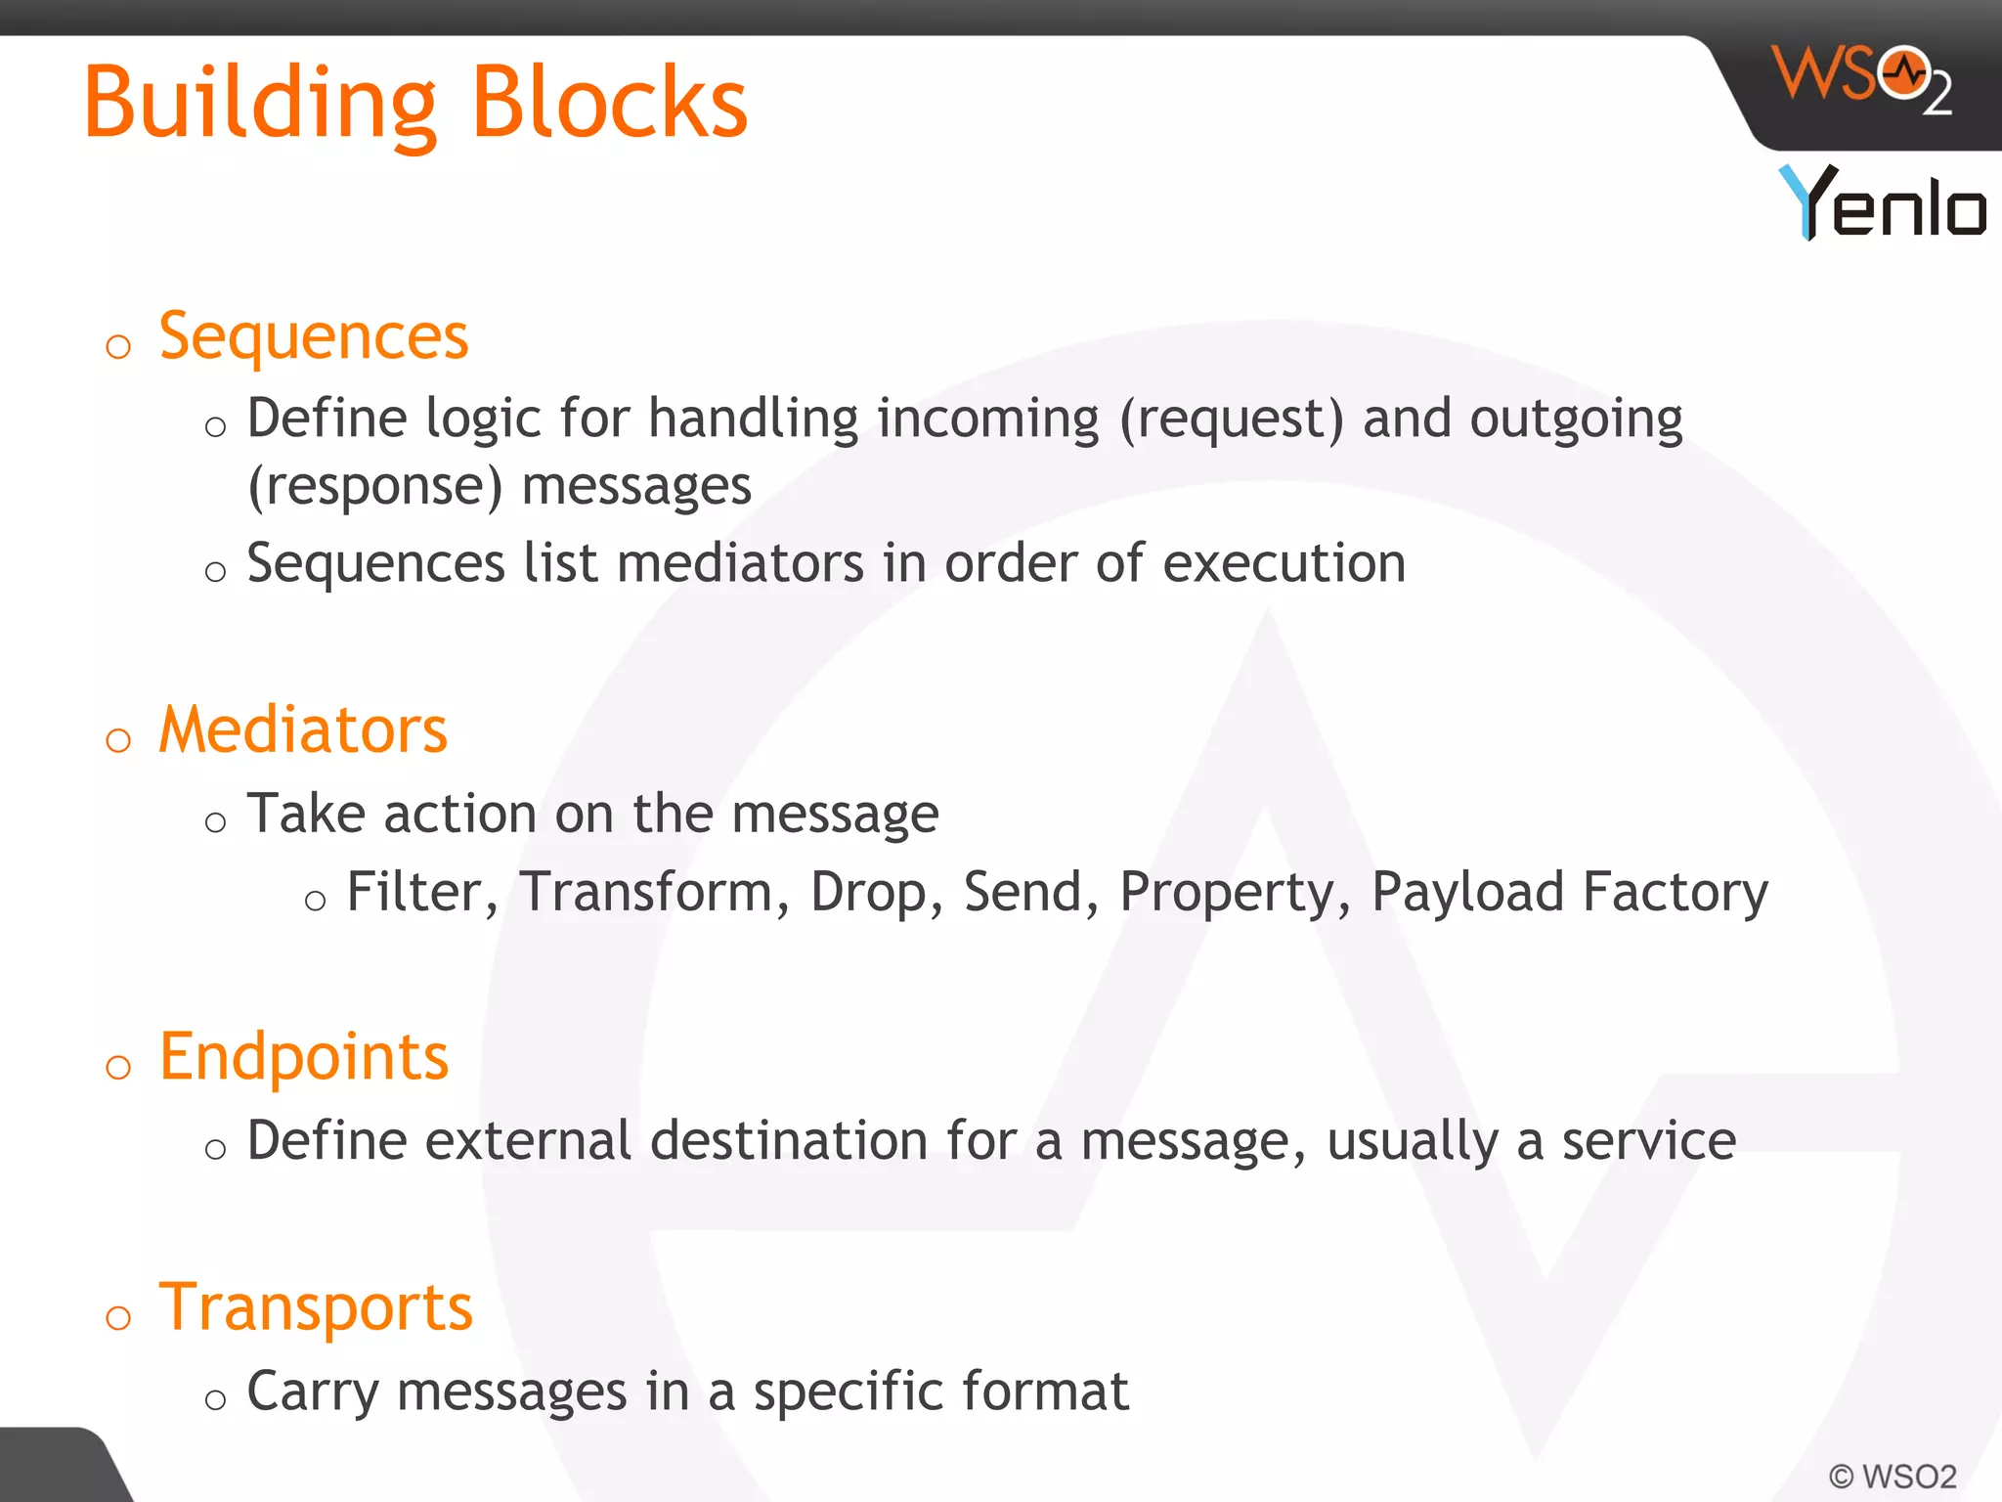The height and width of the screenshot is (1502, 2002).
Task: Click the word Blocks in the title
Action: (x=609, y=102)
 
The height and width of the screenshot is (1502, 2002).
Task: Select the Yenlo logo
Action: (x=1882, y=202)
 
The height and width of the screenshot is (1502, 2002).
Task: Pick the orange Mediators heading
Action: (x=302, y=730)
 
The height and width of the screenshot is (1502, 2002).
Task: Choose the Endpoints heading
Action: (x=303, y=1057)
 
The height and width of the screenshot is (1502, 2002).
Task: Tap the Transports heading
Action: (x=315, y=1307)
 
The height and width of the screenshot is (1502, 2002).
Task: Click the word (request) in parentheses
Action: (x=1232, y=420)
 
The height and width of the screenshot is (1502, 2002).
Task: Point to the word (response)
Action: (x=374, y=486)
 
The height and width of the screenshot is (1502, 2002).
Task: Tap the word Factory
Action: (x=1675, y=893)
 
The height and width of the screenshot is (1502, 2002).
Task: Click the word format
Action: (x=1045, y=1392)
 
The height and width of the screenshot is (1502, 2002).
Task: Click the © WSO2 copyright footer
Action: (x=1892, y=1477)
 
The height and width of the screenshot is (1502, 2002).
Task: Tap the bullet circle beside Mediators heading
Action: (x=118, y=740)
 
